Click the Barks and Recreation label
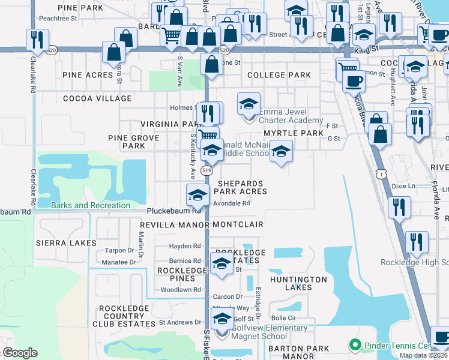(x=91, y=205)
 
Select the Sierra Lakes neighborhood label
(x=66, y=243)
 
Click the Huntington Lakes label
(x=299, y=283)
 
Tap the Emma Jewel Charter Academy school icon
(x=249, y=104)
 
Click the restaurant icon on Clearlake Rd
(x=38, y=40)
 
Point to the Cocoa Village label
(x=97, y=98)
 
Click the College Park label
(x=279, y=75)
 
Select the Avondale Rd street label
(x=232, y=203)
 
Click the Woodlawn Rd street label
(x=180, y=290)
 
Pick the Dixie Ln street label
(x=403, y=186)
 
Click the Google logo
(x=20, y=352)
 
